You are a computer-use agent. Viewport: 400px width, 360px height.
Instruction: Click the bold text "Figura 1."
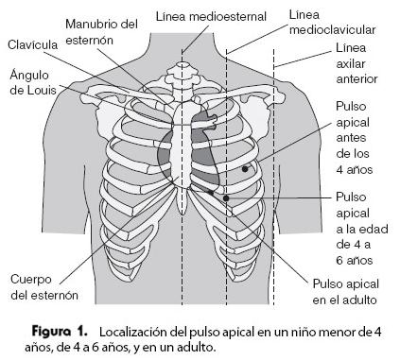pyautogui.click(x=61, y=333)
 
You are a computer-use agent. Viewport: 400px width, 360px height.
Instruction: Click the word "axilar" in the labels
pyautogui.click(x=352, y=65)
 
